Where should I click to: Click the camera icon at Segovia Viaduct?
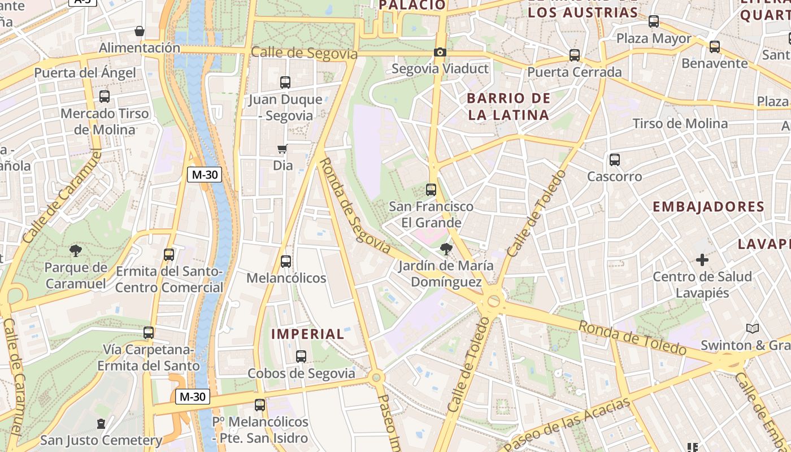point(440,53)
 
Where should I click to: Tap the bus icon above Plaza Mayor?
point(654,21)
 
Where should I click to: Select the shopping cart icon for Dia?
point(282,149)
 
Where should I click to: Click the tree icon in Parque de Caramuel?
point(75,251)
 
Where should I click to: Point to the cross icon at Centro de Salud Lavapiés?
point(702,260)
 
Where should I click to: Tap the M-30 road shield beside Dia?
point(205,175)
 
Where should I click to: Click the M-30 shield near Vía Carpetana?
point(192,397)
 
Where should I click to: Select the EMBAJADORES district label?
point(709,207)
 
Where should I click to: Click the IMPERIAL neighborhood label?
point(307,334)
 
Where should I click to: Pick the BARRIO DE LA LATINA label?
point(508,107)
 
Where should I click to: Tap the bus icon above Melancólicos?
point(286,262)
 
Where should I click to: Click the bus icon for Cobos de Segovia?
point(301,357)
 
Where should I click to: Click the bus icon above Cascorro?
point(615,160)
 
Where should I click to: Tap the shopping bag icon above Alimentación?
point(140,31)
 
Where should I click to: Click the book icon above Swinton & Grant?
point(752,328)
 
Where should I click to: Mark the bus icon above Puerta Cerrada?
point(575,55)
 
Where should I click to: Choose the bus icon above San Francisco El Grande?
point(431,190)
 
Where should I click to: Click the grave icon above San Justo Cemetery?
point(101,423)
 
